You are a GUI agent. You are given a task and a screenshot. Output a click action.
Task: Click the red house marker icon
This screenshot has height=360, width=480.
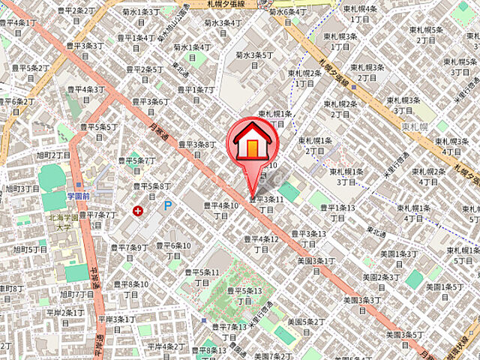(252, 141)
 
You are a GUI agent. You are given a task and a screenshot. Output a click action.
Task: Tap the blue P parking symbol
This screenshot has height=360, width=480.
(168, 205)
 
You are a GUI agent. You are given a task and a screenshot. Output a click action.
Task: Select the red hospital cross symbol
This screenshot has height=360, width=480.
(138, 211)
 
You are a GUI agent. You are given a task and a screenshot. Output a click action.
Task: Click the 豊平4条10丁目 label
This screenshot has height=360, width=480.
(221, 209)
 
